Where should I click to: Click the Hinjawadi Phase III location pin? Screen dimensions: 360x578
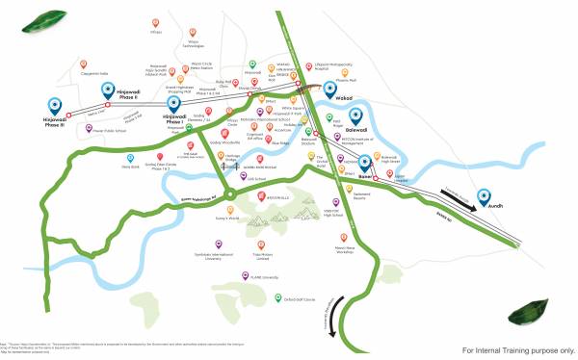tap(53, 105)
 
